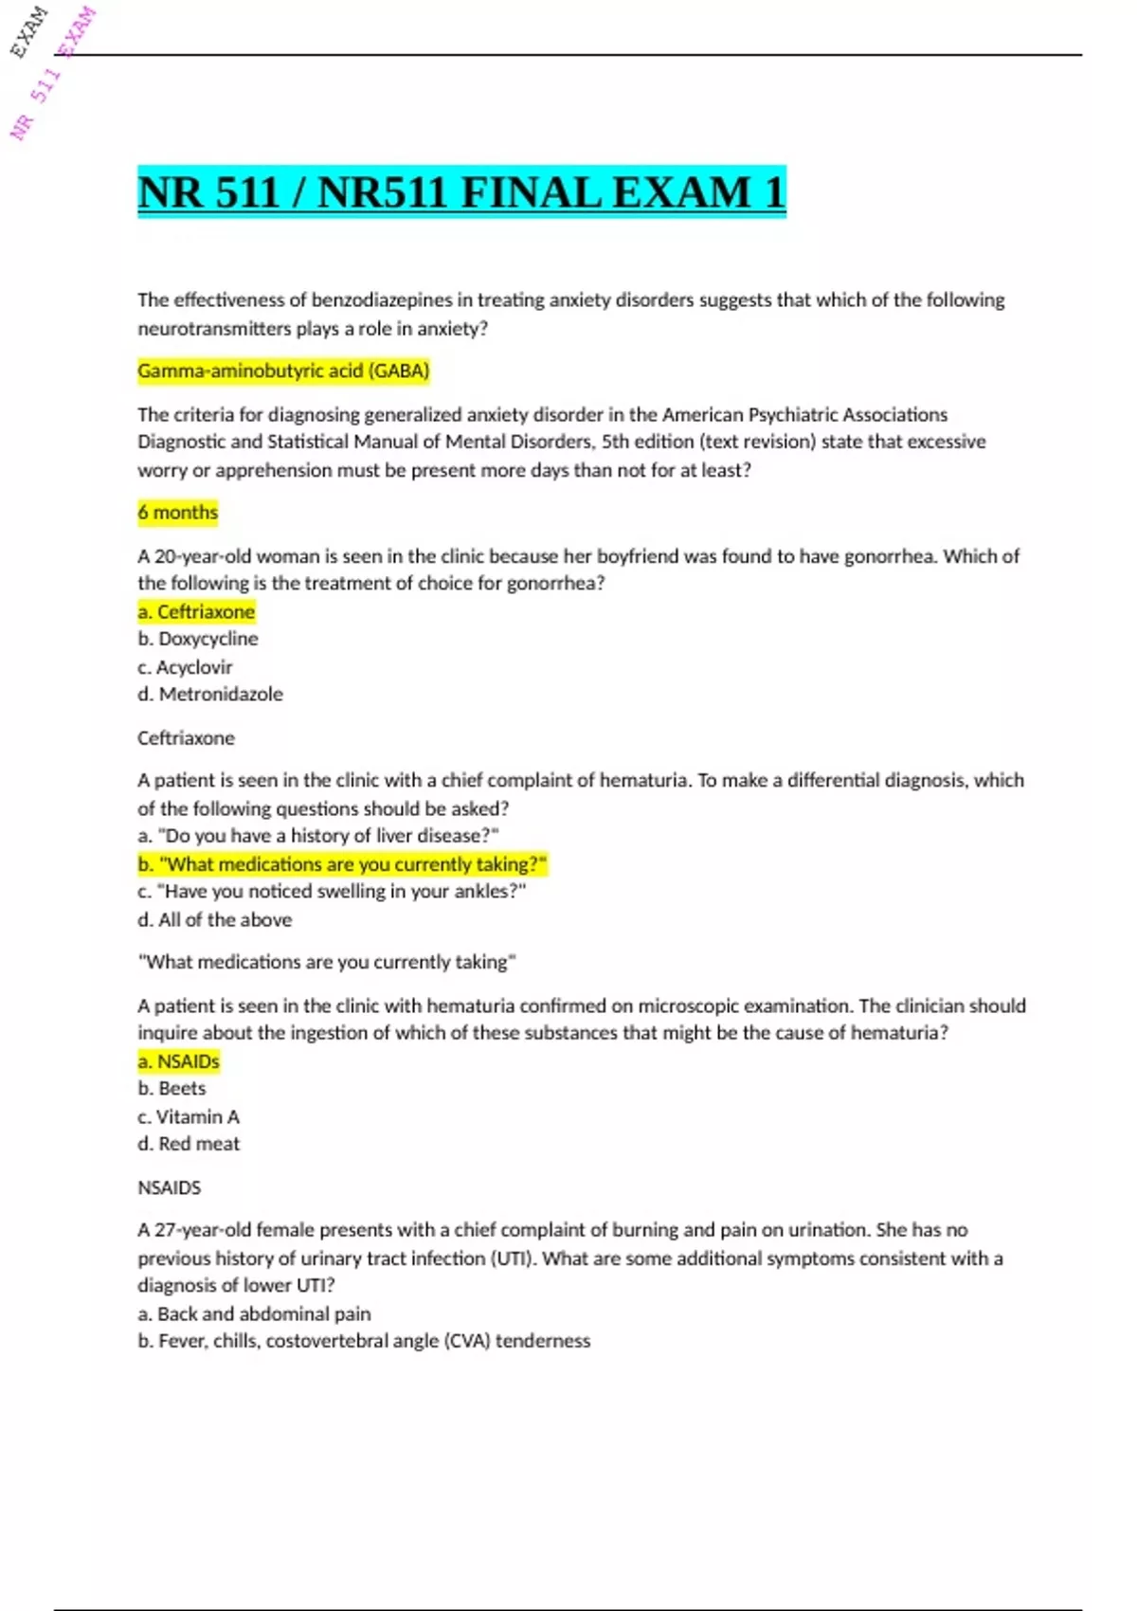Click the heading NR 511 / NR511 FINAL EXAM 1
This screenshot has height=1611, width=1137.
coord(461,192)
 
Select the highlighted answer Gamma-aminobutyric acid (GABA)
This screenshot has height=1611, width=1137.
coord(283,371)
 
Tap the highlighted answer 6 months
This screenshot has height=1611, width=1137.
coord(178,513)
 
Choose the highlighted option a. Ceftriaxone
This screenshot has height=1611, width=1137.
coord(196,612)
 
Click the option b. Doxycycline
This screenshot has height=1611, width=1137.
coord(198,640)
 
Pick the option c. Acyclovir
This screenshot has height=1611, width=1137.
coord(185,667)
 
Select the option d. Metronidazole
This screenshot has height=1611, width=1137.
coord(210,695)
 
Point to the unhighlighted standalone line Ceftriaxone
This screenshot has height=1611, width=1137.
coord(186,738)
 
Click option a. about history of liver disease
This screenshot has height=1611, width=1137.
coord(318,836)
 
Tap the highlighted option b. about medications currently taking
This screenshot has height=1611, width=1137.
coord(342,864)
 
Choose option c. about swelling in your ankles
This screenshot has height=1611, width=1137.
coord(332,892)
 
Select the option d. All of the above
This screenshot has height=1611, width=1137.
coord(215,920)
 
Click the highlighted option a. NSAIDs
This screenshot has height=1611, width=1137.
coord(179,1061)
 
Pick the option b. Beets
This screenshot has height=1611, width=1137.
coord(171,1089)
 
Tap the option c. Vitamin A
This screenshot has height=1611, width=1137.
coord(189,1117)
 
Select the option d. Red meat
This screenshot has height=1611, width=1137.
coord(189,1145)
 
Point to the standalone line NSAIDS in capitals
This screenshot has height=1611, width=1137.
coord(170,1187)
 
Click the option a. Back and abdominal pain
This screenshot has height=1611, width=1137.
coord(254,1314)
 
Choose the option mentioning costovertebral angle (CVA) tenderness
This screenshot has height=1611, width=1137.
coord(364,1341)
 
